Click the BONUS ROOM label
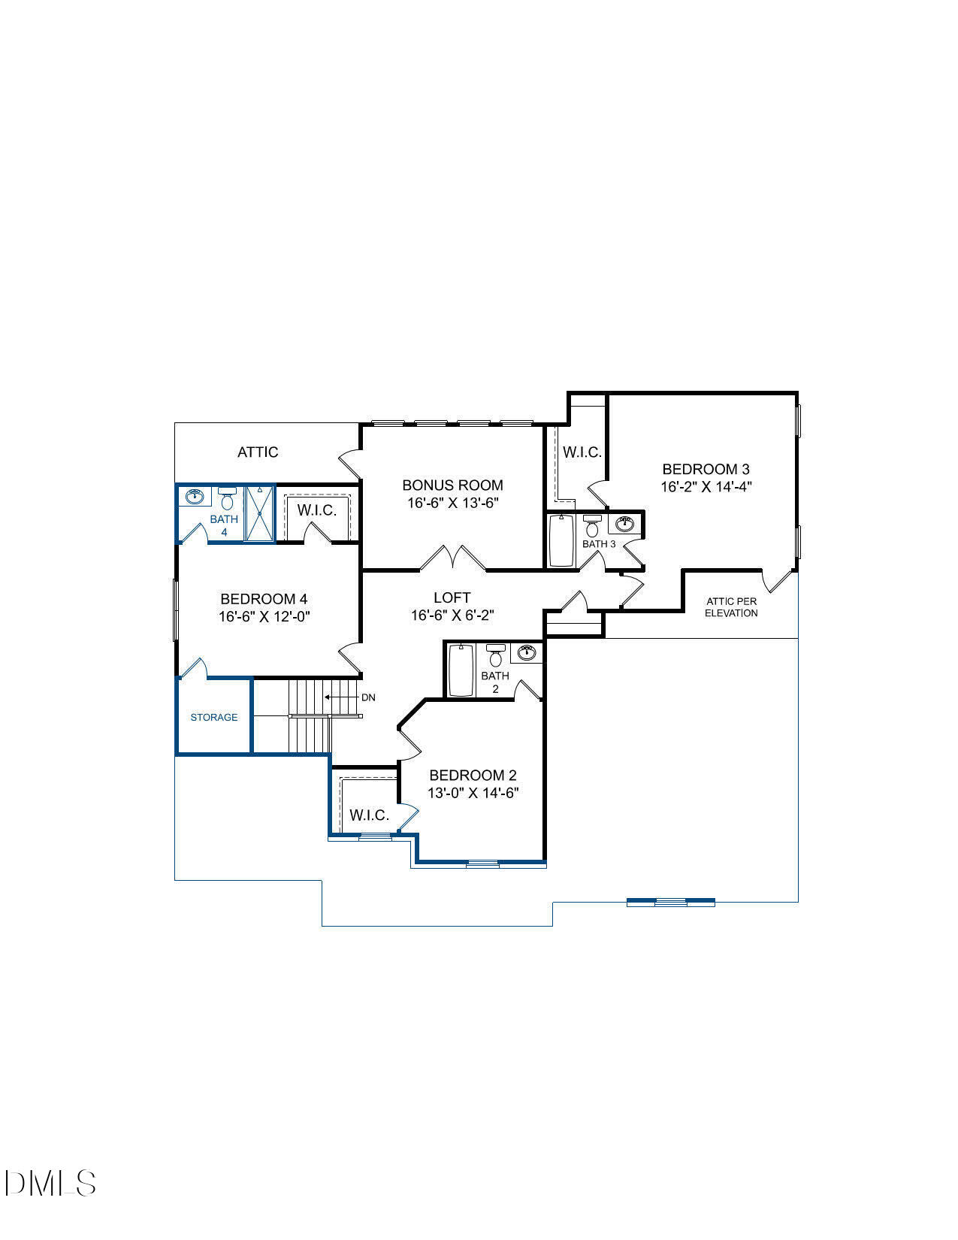[452, 485]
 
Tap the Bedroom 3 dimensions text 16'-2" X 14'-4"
[706, 486]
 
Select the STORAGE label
[213, 718]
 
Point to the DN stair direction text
[368, 697]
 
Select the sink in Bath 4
[195, 496]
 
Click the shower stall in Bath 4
[259, 513]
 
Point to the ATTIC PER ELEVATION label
[731, 607]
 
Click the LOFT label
[452, 597]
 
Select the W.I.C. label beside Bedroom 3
[582, 452]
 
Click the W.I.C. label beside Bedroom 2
[369, 815]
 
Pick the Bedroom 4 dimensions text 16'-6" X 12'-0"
[264, 616]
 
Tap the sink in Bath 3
[625, 523]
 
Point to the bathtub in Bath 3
[561, 540]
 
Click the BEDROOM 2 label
[473, 775]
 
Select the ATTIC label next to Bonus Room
[258, 452]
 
